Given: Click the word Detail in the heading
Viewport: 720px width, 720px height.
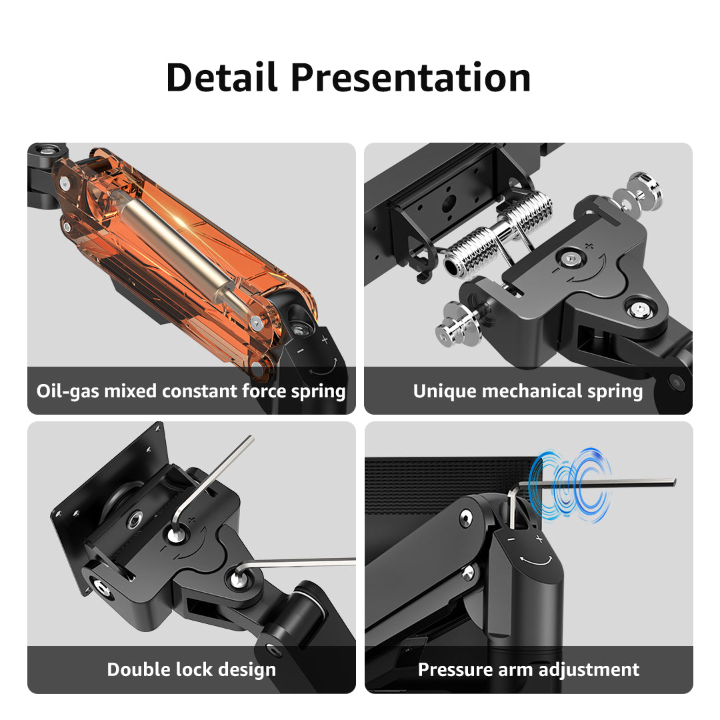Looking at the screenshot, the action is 222,77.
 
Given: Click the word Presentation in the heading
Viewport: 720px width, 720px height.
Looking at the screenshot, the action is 411,77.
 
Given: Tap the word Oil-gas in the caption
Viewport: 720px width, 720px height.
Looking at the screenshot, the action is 67,392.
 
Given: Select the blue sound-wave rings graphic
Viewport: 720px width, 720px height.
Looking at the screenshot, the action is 570,486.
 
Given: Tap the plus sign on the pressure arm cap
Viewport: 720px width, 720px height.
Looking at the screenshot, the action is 539,538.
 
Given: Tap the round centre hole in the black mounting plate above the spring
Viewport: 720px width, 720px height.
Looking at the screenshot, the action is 449,203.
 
